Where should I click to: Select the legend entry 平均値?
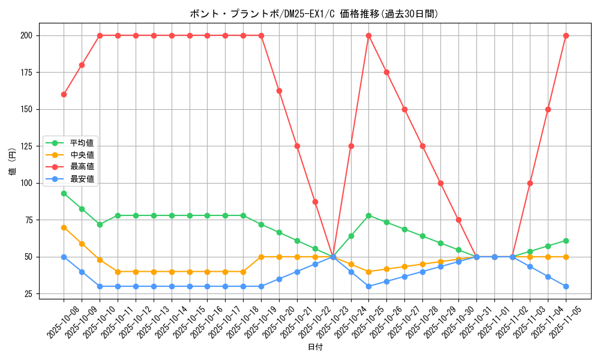pyautogui.click(x=82, y=143)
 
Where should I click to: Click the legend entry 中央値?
pyautogui.click(x=82, y=155)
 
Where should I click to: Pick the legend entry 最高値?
pyautogui.click(x=82, y=166)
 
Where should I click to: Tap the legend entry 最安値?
pyautogui.click(x=82, y=179)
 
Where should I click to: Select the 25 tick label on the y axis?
pyautogui.click(x=28, y=294)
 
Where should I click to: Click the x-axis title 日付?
pyautogui.click(x=314, y=347)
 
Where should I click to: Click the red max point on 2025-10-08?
pyautogui.click(x=64, y=94)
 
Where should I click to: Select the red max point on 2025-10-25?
pyautogui.click(x=368, y=35)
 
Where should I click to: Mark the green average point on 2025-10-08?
pyautogui.click(x=64, y=193)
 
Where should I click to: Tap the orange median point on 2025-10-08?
pyautogui.click(x=64, y=227)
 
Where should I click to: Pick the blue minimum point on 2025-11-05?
pyautogui.click(x=566, y=286)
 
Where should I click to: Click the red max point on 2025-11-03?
pyautogui.click(x=530, y=183)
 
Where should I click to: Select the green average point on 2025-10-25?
pyautogui.click(x=368, y=215)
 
